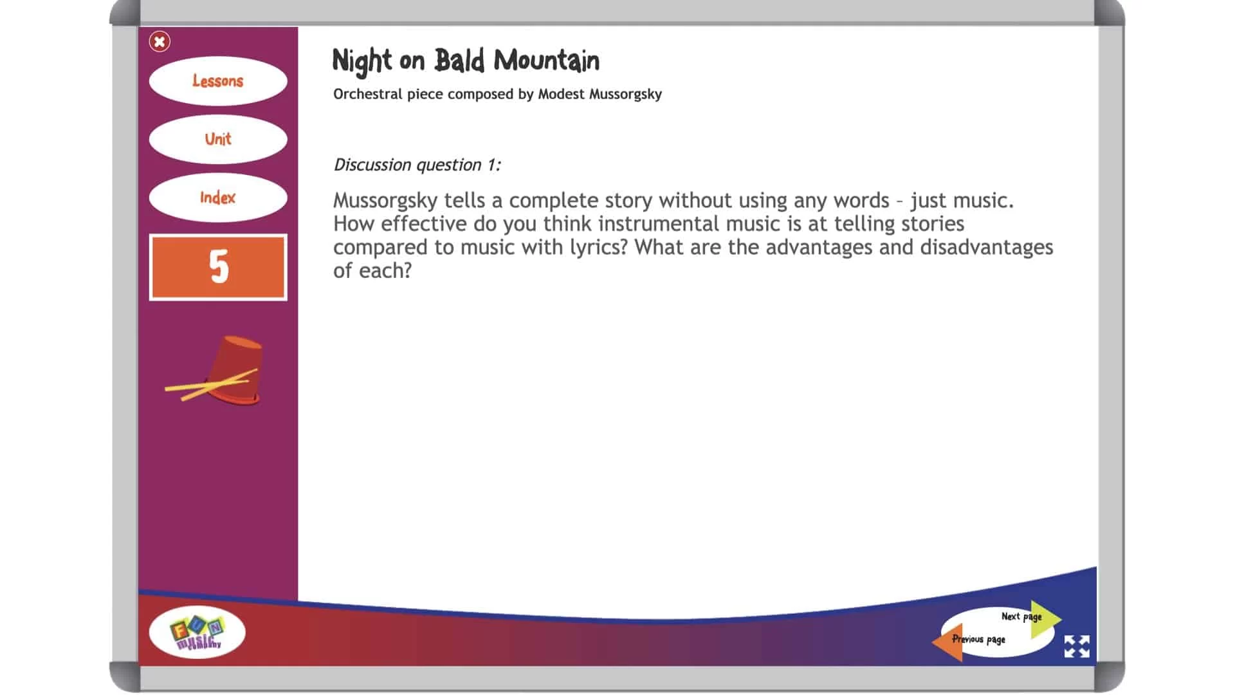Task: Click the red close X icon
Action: pyautogui.click(x=160, y=42)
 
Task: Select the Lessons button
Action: pyautogui.click(x=218, y=81)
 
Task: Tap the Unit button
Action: pyautogui.click(x=218, y=139)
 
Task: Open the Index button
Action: pyautogui.click(x=218, y=198)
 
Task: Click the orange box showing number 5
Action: pyautogui.click(x=218, y=267)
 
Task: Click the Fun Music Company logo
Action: pyautogui.click(x=197, y=632)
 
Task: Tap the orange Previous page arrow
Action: pyautogui.click(x=948, y=642)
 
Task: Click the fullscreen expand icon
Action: pyautogui.click(x=1077, y=646)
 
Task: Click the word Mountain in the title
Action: pyautogui.click(x=547, y=61)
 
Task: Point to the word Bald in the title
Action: pyautogui.click(x=459, y=60)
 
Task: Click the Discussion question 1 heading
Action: pyautogui.click(x=417, y=165)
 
